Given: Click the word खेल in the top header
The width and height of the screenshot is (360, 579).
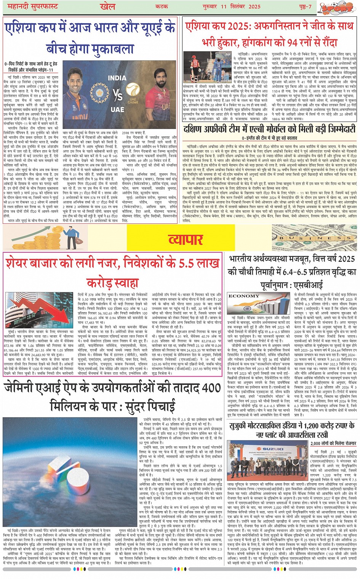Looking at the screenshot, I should (x=107, y=6).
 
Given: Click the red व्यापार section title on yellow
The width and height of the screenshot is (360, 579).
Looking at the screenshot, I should (x=186, y=239).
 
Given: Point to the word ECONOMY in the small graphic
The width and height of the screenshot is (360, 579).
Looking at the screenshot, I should (x=244, y=296).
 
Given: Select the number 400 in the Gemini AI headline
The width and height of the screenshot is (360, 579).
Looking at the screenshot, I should (x=210, y=388).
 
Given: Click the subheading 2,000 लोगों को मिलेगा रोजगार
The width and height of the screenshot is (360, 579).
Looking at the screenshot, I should (x=333, y=443).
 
